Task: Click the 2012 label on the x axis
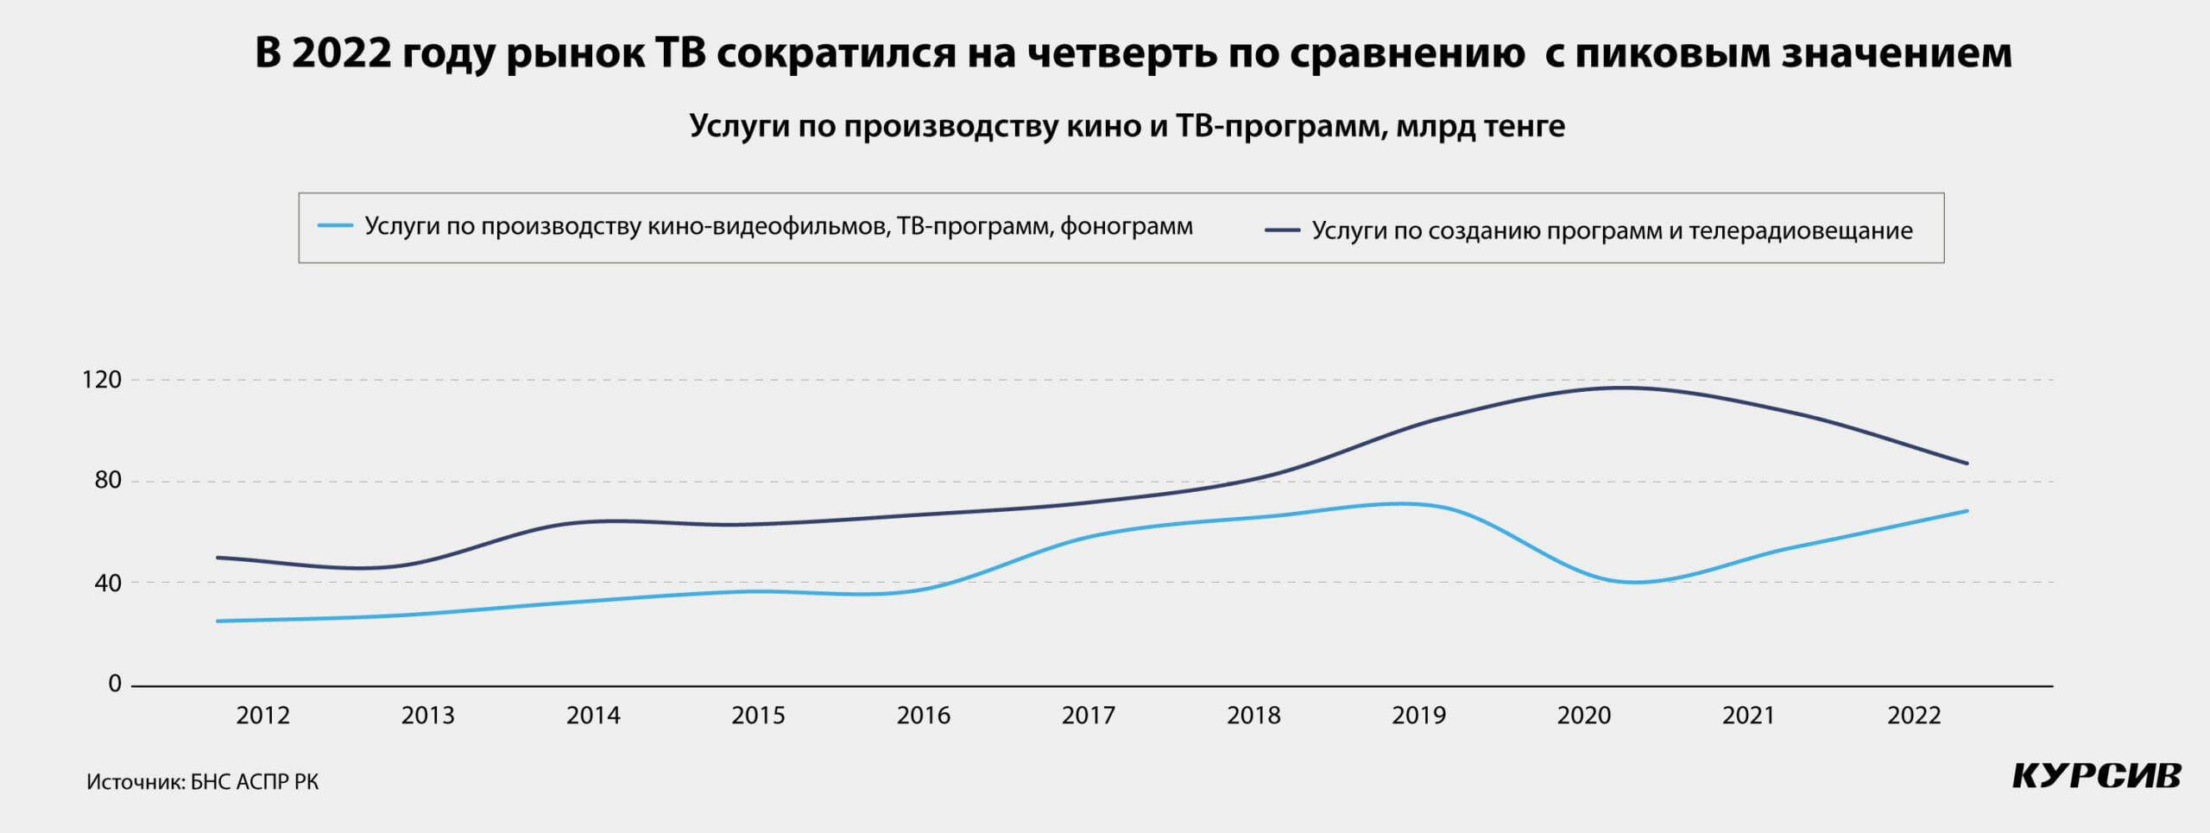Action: tap(262, 716)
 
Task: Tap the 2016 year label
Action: tap(923, 716)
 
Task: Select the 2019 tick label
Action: tap(1418, 716)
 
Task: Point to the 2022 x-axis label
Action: tap(1913, 716)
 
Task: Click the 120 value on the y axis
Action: tap(101, 380)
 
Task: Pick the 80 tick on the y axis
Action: tap(108, 481)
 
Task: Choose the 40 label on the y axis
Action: tap(108, 584)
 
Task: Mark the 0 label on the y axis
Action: tap(115, 685)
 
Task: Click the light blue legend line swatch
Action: tap(335, 226)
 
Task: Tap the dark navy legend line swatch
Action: tap(1282, 230)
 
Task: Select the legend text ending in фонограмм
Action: tap(778, 226)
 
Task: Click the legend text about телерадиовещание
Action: tap(1612, 230)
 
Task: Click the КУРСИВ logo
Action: tap(2097, 775)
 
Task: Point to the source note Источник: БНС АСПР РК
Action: tap(202, 782)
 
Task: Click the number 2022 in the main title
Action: tap(342, 53)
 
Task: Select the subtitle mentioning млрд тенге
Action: tap(1127, 126)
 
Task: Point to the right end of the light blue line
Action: tap(1967, 511)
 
